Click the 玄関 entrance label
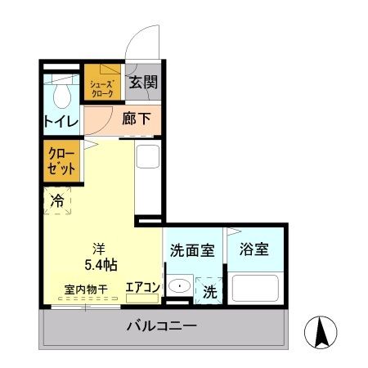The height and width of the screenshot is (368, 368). (142, 82)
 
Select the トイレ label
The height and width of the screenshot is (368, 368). (61, 122)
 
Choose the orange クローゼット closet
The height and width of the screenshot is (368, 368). (62, 160)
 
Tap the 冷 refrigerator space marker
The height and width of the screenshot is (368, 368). (58, 200)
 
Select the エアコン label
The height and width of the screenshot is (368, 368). (142, 287)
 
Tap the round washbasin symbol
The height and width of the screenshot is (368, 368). (181, 287)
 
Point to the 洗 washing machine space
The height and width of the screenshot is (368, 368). (209, 290)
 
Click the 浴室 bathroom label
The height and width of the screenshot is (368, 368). (256, 249)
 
